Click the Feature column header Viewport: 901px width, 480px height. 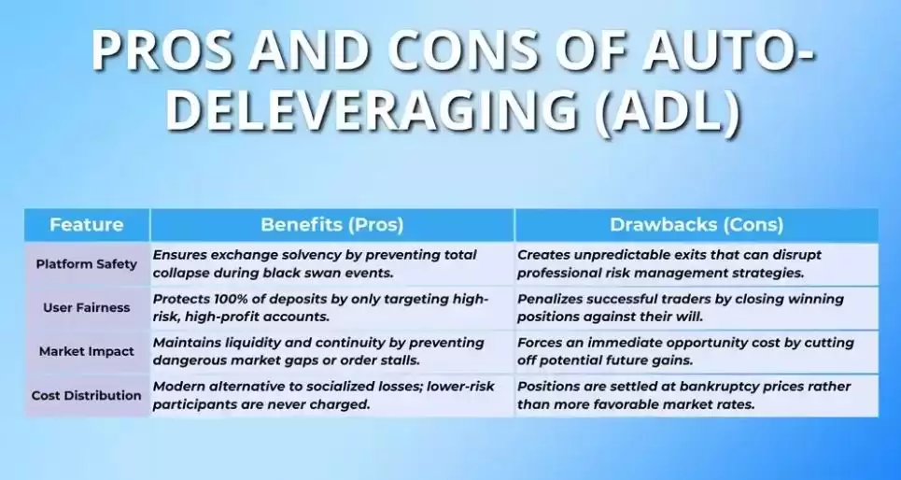point(86,224)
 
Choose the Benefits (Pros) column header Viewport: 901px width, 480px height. point(332,224)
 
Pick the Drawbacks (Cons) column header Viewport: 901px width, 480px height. point(697,224)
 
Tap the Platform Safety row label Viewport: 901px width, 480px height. point(86,264)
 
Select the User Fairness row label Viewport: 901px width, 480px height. point(86,307)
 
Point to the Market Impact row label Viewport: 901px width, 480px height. point(86,351)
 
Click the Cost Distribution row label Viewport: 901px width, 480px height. point(86,396)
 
